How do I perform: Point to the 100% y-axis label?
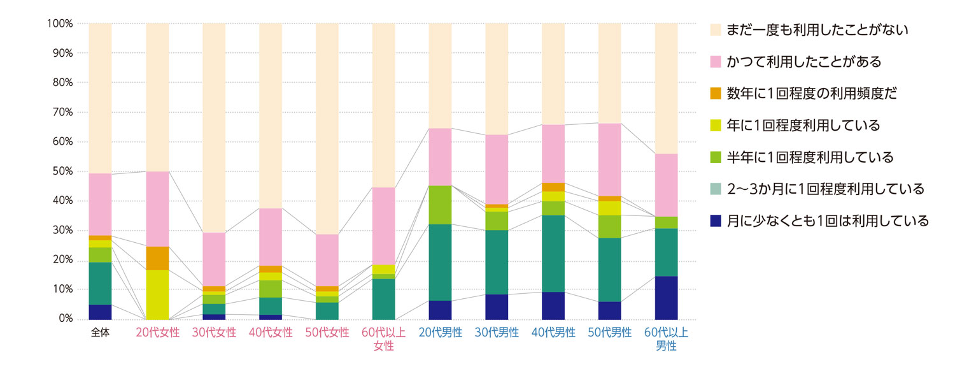click(60, 24)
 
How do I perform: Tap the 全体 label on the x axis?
click(100, 333)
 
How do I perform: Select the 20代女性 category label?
click(157, 333)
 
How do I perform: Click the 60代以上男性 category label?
click(666, 340)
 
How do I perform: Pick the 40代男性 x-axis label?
click(553, 333)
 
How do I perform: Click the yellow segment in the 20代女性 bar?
click(157, 294)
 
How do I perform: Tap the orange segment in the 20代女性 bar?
click(157, 258)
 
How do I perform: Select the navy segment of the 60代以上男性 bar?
click(666, 298)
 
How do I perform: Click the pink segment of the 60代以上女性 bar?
click(383, 226)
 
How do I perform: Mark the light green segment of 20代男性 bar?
click(440, 205)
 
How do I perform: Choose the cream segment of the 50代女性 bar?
click(327, 127)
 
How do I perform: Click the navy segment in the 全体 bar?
click(100, 312)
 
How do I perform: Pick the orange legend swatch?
click(716, 94)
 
